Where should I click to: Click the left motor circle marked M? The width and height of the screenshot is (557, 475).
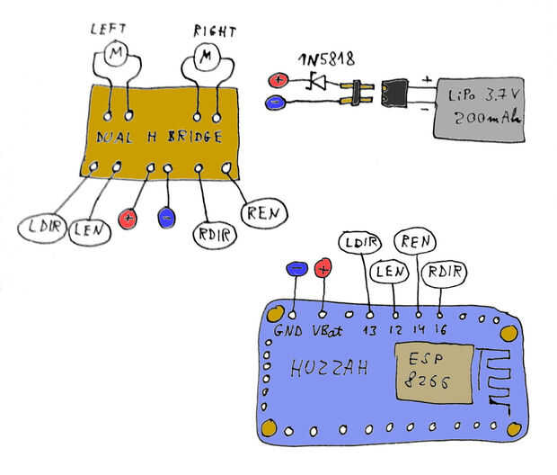[117, 55]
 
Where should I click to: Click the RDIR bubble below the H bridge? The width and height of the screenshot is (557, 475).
[215, 236]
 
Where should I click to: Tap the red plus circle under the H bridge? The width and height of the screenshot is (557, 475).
[131, 217]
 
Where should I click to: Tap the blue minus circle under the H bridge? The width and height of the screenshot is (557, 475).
[166, 217]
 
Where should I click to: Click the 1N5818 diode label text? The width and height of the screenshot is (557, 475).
[326, 59]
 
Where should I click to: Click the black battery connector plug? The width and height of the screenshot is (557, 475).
[395, 92]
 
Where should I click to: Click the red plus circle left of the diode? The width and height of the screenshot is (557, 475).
[278, 80]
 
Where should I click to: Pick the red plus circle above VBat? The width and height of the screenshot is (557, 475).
[323, 266]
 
